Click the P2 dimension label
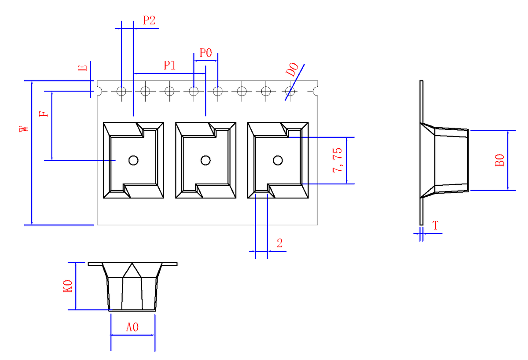click(x=149, y=20)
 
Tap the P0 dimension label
click(x=205, y=53)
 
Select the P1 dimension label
click(x=170, y=65)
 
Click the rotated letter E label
click(x=83, y=68)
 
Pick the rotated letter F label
click(x=44, y=114)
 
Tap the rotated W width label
click(x=24, y=129)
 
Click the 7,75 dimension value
click(x=337, y=160)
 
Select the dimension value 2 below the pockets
click(x=279, y=243)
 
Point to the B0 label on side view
click(x=499, y=160)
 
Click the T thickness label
click(x=436, y=225)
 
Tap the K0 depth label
click(x=68, y=286)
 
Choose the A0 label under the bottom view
click(x=132, y=327)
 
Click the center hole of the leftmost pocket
click(x=133, y=161)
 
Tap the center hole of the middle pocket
click(x=205, y=161)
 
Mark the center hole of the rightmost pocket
click(x=278, y=161)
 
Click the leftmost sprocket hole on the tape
click(x=121, y=91)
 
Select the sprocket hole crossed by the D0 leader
click(x=290, y=91)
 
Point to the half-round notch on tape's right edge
click(x=315, y=91)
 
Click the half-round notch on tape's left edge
click(x=99, y=91)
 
